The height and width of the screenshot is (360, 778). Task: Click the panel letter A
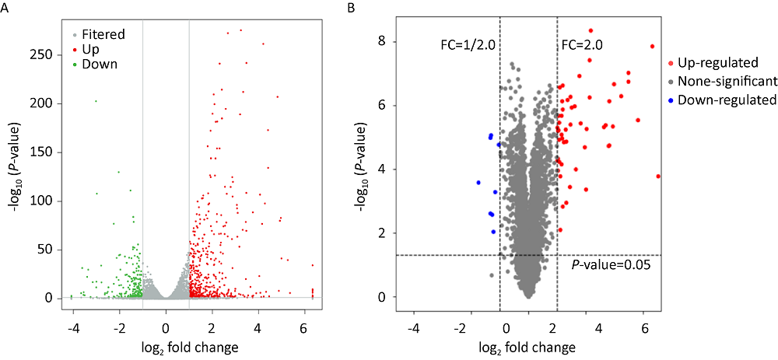[x=6, y=8]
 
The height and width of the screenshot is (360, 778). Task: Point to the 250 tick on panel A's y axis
[x=52, y=54]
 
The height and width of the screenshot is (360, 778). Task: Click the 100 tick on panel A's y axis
[x=52, y=201]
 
